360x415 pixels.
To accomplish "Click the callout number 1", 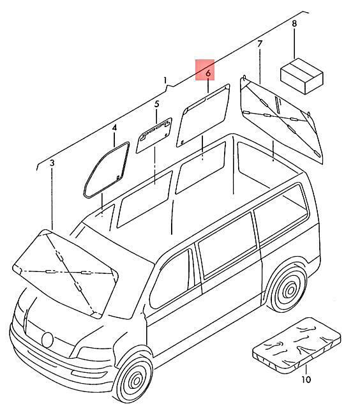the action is (x=165, y=80).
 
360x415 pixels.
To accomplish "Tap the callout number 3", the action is (x=52, y=163).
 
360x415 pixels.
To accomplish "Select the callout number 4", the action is (x=114, y=128).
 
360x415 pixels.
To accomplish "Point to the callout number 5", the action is (x=157, y=104).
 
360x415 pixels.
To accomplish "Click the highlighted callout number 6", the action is (x=208, y=73).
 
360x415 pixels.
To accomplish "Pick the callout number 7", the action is (x=260, y=43).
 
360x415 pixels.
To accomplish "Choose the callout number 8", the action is (x=294, y=24).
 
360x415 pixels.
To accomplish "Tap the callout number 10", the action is (x=306, y=379).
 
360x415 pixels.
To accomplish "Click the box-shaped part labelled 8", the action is (x=302, y=76).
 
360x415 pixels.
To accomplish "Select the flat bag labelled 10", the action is (x=297, y=345).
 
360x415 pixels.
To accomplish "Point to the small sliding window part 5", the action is (x=154, y=135).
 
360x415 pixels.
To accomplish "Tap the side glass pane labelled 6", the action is (x=203, y=116).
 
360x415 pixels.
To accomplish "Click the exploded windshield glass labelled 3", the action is (x=65, y=274).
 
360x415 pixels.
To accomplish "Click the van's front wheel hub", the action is (x=137, y=381).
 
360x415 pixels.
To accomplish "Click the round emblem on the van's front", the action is (x=47, y=340).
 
